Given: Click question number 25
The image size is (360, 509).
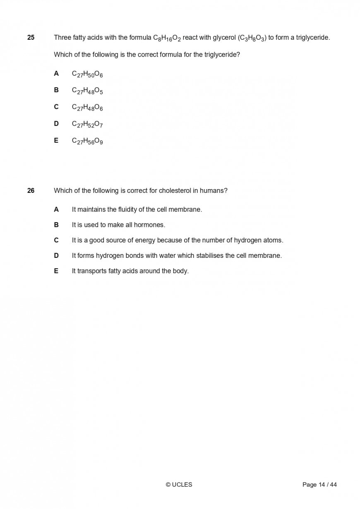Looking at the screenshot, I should tap(31, 38).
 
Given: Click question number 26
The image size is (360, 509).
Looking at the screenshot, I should tap(31, 191).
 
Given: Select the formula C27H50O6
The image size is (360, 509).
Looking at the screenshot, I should tap(87, 74).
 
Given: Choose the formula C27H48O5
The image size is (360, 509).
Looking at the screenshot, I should tap(87, 91).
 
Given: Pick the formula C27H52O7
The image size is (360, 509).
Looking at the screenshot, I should tap(87, 124).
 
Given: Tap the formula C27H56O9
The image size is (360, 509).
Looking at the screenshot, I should tap(87, 141).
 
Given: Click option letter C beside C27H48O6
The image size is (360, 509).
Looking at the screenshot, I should tap(56, 107).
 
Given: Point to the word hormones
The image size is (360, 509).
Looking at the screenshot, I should tap(149, 225).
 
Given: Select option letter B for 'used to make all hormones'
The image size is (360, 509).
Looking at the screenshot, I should tap(56, 225).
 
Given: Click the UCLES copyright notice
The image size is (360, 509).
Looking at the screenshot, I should tap(179, 485).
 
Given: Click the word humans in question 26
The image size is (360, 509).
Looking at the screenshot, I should tap(212, 191).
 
